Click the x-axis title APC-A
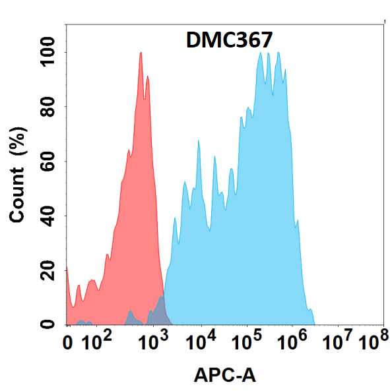[225, 376]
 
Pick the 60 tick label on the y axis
[47, 161]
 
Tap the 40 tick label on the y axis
[47, 216]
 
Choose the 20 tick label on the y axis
[47, 270]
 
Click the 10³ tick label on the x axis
[154, 342]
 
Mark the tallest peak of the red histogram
[141, 54]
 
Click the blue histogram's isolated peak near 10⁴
[198, 142]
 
